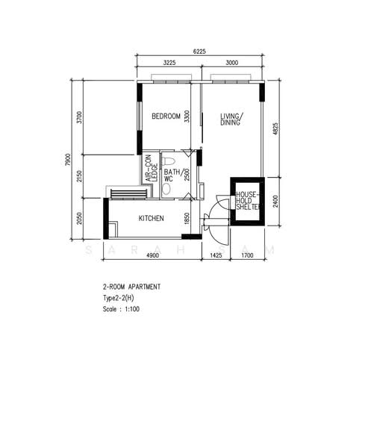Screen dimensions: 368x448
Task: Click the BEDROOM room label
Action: (x=166, y=116)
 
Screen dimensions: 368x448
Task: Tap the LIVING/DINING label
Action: (x=231, y=119)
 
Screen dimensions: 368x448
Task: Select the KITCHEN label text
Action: (x=151, y=219)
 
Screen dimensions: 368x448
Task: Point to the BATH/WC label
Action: (x=172, y=175)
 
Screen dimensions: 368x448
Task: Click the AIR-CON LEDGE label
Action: (x=152, y=169)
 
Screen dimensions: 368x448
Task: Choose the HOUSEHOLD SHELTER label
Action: (x=248, y=201)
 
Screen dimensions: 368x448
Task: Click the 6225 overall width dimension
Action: (x=199, y=52)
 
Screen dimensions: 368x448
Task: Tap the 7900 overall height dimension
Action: (x=68, y=160)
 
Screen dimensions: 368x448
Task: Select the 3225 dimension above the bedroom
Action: (x=169, y=63)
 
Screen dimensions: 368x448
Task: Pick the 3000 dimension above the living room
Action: (x=231, y=63)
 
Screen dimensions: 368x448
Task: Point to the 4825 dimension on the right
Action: (x=275, y=129)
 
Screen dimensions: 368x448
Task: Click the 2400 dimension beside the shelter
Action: (x=275, y=202)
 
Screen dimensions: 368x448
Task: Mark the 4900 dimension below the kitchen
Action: (x=152, y=255)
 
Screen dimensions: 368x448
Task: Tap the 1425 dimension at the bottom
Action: (x=216, y=255)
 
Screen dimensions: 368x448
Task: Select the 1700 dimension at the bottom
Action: (x=247, y=255)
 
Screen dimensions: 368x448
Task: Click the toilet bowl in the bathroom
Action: (x=168, y=161)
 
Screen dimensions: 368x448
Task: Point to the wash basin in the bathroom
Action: (x=166, y=189)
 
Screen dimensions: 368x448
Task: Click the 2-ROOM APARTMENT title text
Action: (x=131, y=287)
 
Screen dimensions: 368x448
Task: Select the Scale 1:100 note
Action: (x=121, y=309)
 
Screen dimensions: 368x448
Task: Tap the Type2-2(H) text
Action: (x=118, y=298)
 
